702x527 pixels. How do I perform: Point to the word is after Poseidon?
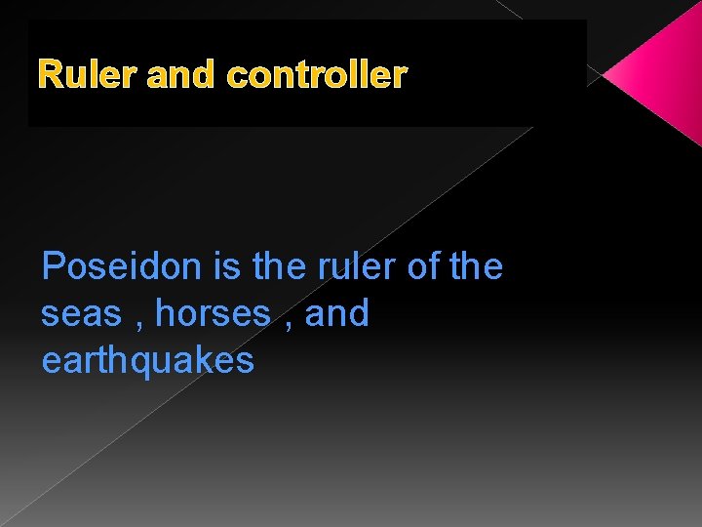coord(226,266)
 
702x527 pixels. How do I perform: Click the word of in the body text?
coord(421,266)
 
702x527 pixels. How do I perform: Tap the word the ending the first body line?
coord(476,266)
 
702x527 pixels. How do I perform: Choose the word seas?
coord(82,314)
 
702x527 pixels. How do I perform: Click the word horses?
coord(213,314)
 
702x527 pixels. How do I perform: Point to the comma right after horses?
coord(290,322)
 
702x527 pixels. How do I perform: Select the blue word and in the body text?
coord(337,314)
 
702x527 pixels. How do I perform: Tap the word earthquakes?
coord(147,361)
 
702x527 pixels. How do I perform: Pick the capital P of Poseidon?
coord(55,266)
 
